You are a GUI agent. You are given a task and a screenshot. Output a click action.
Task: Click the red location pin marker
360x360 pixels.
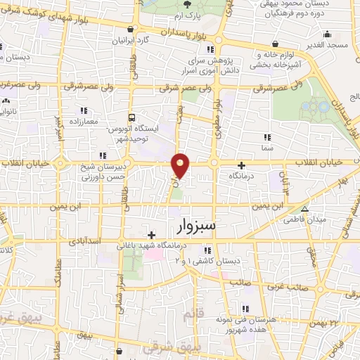(x=181, y=165)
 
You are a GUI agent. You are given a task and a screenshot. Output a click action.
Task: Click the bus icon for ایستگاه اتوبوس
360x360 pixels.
(x=131, y=119)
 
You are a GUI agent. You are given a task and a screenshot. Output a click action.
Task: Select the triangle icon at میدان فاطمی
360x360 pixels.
(x=304, y=210)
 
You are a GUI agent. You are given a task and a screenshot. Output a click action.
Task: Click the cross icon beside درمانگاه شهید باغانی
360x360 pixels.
(x=151, y=236)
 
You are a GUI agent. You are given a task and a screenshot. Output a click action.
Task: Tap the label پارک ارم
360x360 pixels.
(x=188, y=15)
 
